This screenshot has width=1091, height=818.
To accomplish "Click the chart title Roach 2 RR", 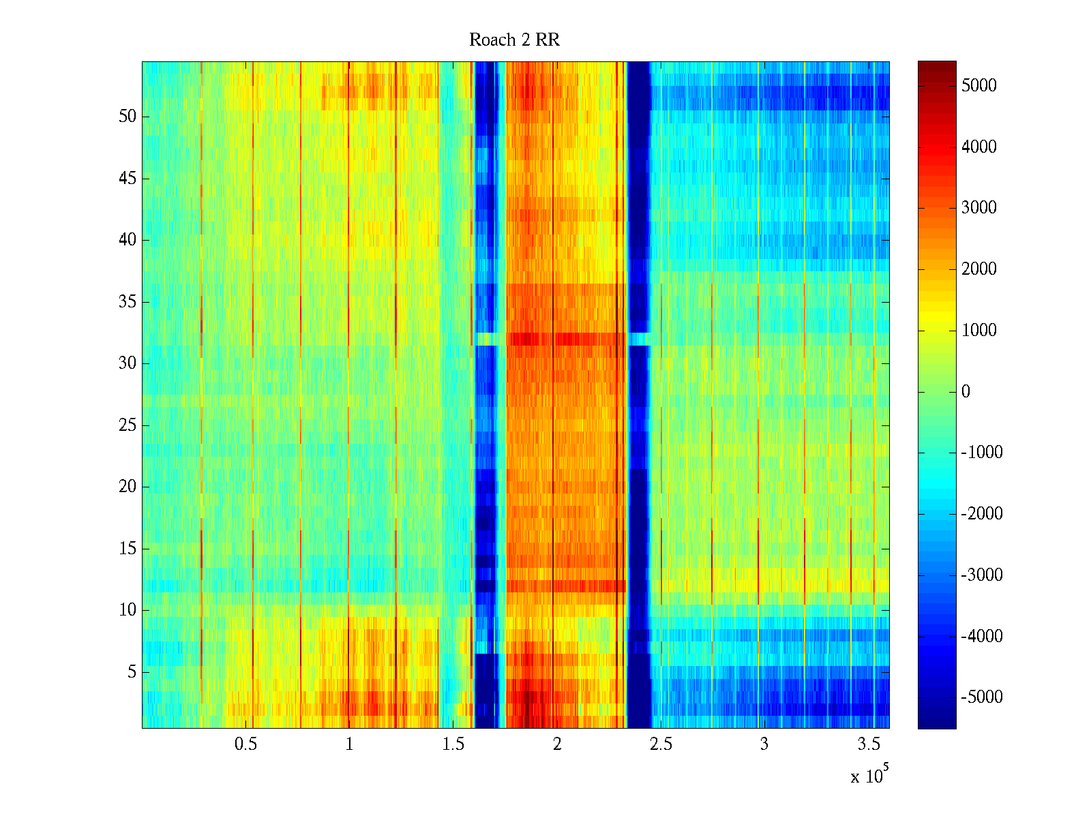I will (514, 40).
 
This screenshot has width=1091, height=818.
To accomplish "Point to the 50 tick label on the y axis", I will (128, 117).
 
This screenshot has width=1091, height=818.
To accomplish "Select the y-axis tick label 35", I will (128, 302).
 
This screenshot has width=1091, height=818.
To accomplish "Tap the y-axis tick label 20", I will (128, 487).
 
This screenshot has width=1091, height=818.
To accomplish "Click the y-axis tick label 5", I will (132, 672).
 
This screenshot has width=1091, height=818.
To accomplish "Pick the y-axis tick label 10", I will (128, 610).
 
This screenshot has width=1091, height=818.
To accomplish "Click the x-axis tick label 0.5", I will (245, 744).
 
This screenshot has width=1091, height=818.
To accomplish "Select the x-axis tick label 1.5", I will (453, 744).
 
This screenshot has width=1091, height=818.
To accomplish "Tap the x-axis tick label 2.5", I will (660, 744).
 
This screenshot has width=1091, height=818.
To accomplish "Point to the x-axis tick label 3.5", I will (868, 744).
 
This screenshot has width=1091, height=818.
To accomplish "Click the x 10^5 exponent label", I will (869, 775).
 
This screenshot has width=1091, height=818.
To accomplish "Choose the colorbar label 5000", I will (978, 86).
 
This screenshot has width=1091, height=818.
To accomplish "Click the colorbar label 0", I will (966, 392).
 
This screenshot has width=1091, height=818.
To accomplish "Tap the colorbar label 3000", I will (978, 208).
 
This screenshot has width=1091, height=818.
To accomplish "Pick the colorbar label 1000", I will (978, 331).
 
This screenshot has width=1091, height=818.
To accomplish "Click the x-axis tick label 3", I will (764, 744).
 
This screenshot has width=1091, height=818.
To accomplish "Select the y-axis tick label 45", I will (128, 179).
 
